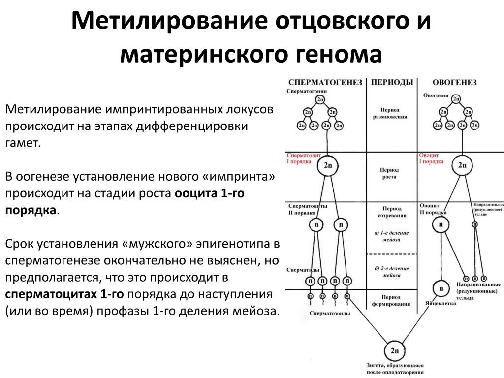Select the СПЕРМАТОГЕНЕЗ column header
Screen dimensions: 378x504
point(325,82)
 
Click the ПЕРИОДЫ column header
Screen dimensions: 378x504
point(392,82)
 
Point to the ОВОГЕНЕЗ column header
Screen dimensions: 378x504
point(454,82)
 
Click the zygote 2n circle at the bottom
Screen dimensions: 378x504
point(395,351)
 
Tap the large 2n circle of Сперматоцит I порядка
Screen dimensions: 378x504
point(328,165)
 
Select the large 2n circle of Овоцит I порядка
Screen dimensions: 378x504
point(462,165)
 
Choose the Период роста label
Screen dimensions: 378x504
point(389,173)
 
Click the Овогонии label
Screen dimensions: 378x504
point(435,95)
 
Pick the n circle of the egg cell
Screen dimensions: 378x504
point(441,288)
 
